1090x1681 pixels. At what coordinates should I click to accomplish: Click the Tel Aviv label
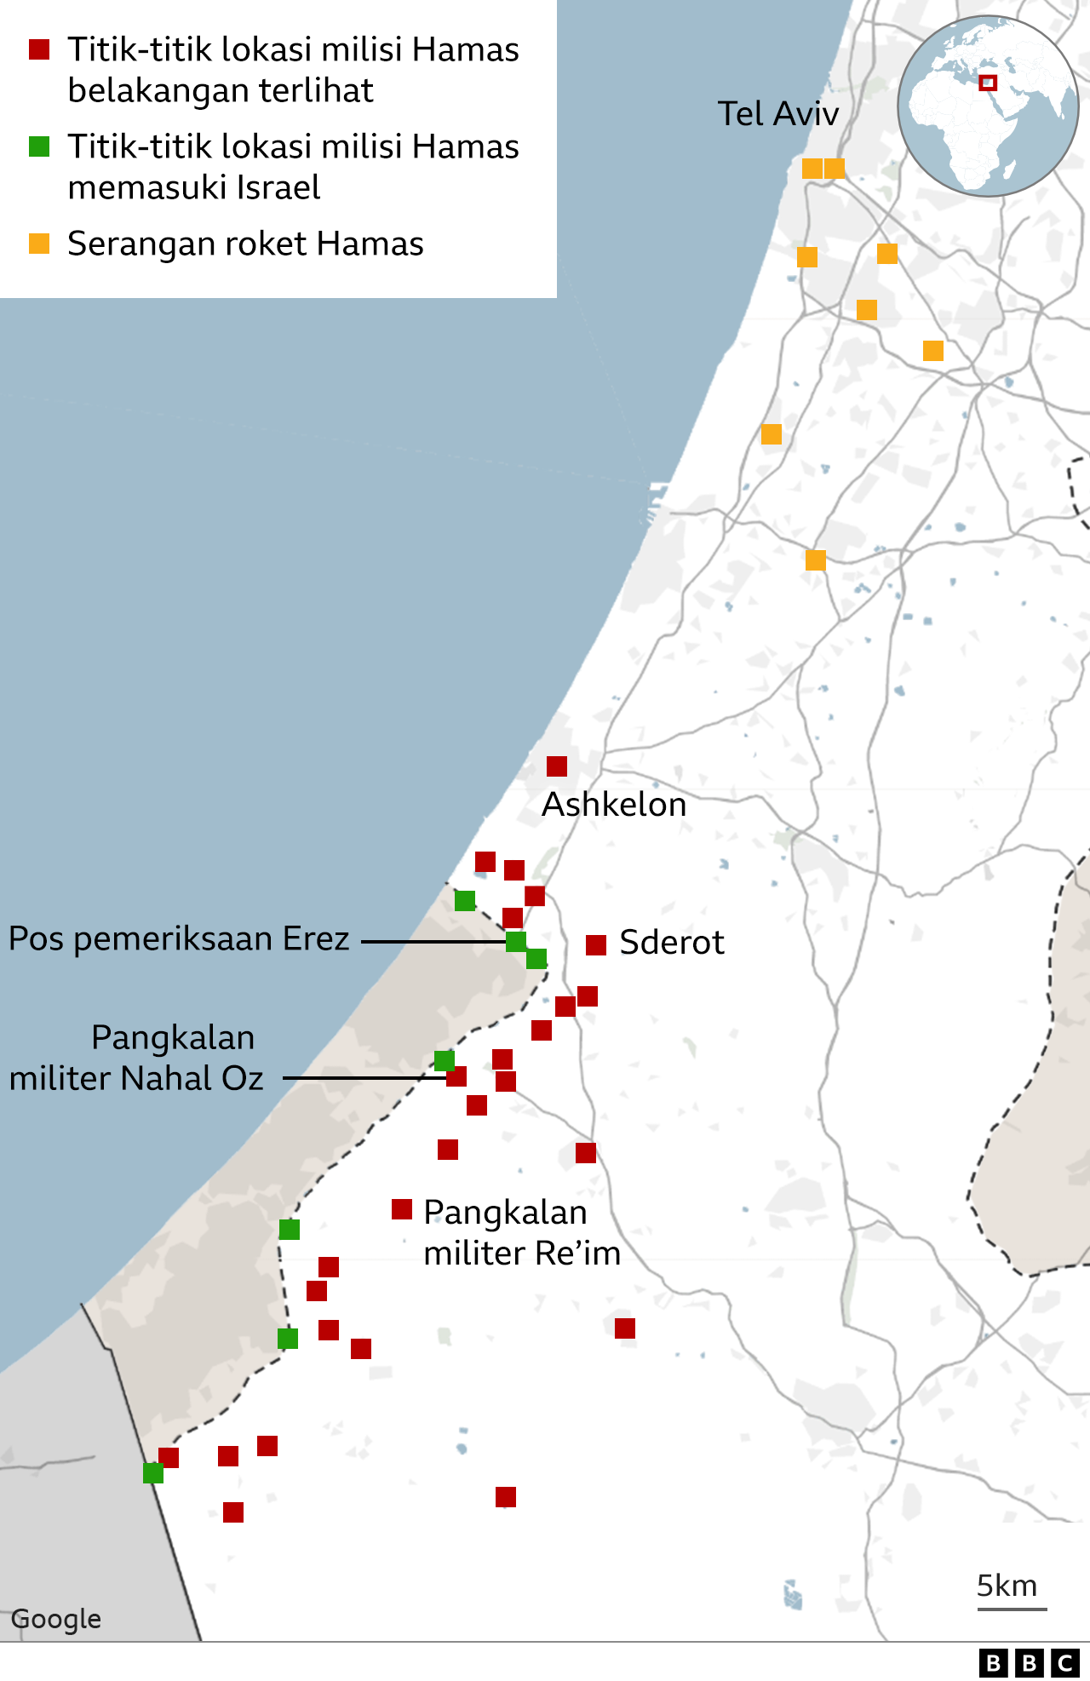point(777,114)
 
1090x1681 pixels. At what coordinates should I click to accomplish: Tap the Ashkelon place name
point(614,805)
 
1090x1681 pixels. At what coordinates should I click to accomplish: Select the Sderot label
point(671,943)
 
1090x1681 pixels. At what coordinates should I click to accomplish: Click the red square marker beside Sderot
point(596,944)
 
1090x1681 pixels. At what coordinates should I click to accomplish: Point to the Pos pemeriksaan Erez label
point(179,939)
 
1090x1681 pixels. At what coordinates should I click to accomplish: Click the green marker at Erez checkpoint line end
point(516,942)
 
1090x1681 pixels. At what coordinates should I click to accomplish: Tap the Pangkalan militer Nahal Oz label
point(136,1059)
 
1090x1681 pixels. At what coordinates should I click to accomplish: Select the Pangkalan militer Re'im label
point(521,1233)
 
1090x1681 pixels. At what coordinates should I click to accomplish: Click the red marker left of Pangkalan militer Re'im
point(402,1209)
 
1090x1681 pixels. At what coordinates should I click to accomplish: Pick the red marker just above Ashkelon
point(557,766)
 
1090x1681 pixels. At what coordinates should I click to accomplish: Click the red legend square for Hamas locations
point(39,49)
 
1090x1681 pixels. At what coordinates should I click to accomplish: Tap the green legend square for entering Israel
point(39,146)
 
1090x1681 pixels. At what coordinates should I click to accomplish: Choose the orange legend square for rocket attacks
point(39,244)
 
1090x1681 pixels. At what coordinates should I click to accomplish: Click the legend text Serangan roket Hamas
point(245,244)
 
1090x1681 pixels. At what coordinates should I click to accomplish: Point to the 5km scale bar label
point(1007,1586)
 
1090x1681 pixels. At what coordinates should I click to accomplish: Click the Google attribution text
point(56,1619)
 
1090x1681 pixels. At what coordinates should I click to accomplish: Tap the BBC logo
point(1029,1662)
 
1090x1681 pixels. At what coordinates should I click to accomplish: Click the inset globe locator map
point(988,106)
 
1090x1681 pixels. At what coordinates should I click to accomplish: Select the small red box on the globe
point(988,83)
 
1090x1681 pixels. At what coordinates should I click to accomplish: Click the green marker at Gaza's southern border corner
point(153,1473)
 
